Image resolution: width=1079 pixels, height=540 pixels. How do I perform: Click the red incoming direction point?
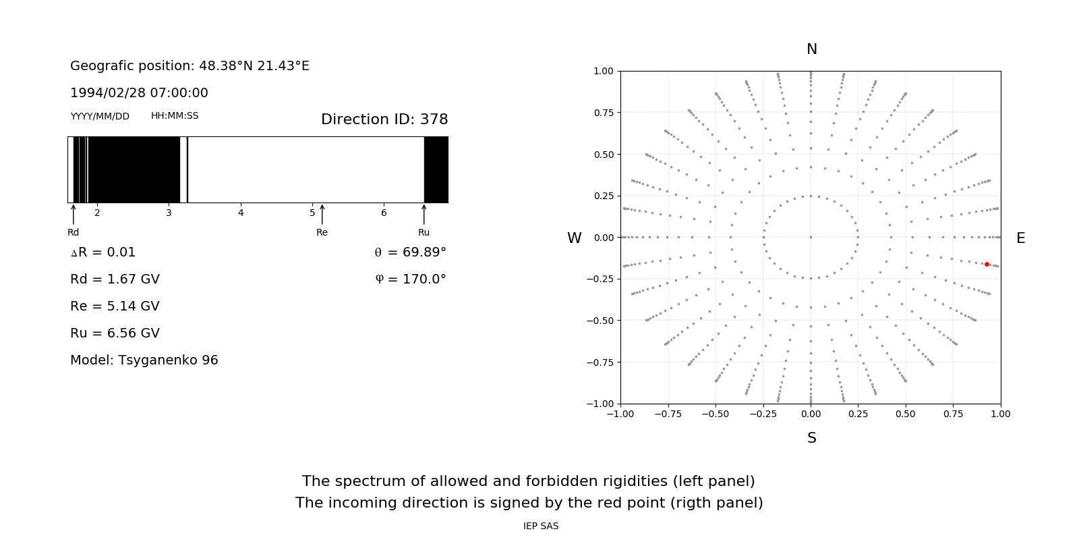pyautogui.click(x=987, y=265)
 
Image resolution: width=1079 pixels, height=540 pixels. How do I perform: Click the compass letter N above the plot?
pyautogui.click(x=812, y=49)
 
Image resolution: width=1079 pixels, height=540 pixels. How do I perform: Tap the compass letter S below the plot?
pyautogui.click(x=812, y=438)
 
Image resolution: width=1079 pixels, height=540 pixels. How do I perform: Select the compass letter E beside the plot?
pyautogui.click(x=1020, y=238)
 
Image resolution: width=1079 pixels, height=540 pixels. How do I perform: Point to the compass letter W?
pyautogui.click(x=575, y=238)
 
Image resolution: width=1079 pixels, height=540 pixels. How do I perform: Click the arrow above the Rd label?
pyautogui.click(x=74, y=215)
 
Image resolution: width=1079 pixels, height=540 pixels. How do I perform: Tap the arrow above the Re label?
pyautogui.click(x=322, y=215)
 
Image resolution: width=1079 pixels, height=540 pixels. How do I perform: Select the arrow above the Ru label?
pyautogui.click(x=424, y=215)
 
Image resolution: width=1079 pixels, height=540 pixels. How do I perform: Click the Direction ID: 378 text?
pyautogui.click(x=384, y=119)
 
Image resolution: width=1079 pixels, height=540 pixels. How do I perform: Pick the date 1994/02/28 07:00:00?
pyautogui.click(x=139, y=93)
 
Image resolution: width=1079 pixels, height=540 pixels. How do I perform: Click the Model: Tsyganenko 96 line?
pyautogui.click(x=144, y=360)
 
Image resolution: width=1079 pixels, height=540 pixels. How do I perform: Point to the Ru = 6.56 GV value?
pyautogui.click(x=115, y=333)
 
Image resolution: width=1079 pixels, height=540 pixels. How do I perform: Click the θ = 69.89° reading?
pyautogui.click(x=410, y=252)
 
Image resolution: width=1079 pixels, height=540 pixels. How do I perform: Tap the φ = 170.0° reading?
pyautogui.click(x=411, y=279)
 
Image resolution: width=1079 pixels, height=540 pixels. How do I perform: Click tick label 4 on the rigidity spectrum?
pyautogui.click(x=241, y=213)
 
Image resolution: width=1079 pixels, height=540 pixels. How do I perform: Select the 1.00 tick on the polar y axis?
pyautogui.click(x=603, y=71)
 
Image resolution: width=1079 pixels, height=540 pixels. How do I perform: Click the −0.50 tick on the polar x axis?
pyautogui.click(x=715, y=414)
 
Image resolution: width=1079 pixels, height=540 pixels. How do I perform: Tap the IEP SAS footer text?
pyautogui.click(x=541, y=526)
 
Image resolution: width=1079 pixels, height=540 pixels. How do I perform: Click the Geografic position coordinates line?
pyautogui.click(x=189, y=66)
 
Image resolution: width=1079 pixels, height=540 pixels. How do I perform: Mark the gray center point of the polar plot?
pyautogui.click(x=811, y=237)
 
